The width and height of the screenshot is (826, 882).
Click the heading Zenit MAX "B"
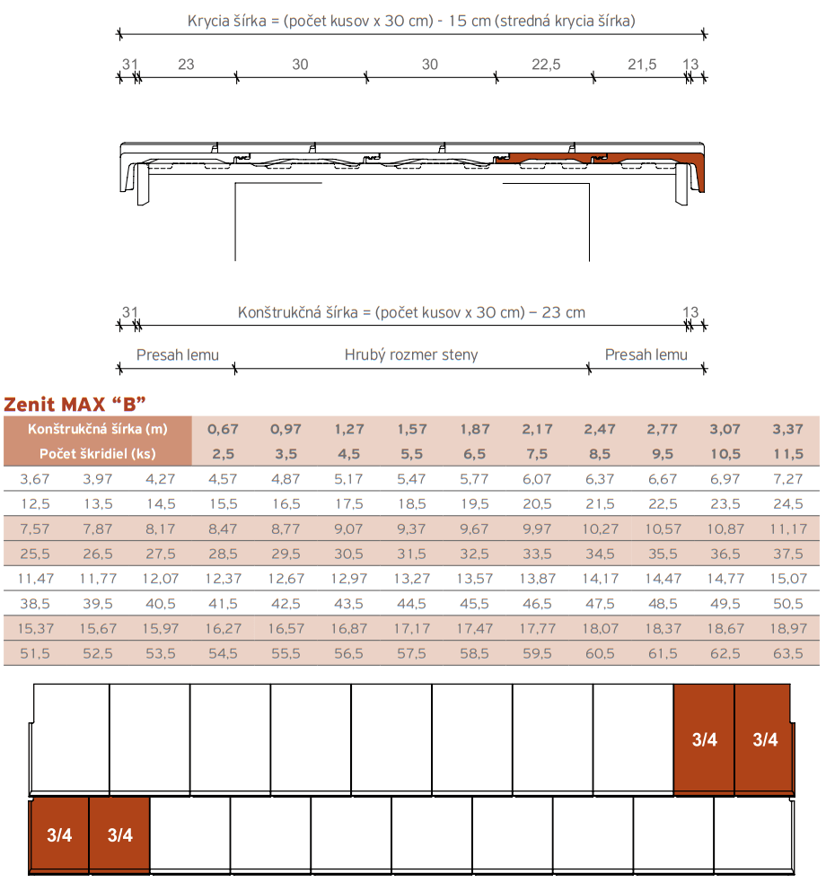click(75, 401)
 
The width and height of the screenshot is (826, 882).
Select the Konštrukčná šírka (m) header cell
click(98, 429)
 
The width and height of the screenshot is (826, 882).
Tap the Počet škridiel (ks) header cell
click(98, 453)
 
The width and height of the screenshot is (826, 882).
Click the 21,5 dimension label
click(642, 64)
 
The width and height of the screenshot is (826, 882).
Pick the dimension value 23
click(186, 64)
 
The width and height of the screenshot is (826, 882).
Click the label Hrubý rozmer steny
click(411, 354)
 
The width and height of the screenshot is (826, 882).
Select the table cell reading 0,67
click(223, 429)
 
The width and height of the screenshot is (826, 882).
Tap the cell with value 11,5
click(787, 453)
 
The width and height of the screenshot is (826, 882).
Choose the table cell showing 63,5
click(787, 653)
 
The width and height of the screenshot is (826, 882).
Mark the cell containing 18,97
click(787, 628)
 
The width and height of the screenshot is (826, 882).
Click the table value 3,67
click(34, 478)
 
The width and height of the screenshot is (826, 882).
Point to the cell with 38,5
click(34, 603)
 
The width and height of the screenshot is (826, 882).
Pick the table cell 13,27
click(411, 578)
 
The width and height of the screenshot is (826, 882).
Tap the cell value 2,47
click(600, 429)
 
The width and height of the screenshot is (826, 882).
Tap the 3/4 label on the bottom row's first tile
click(59, 835)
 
